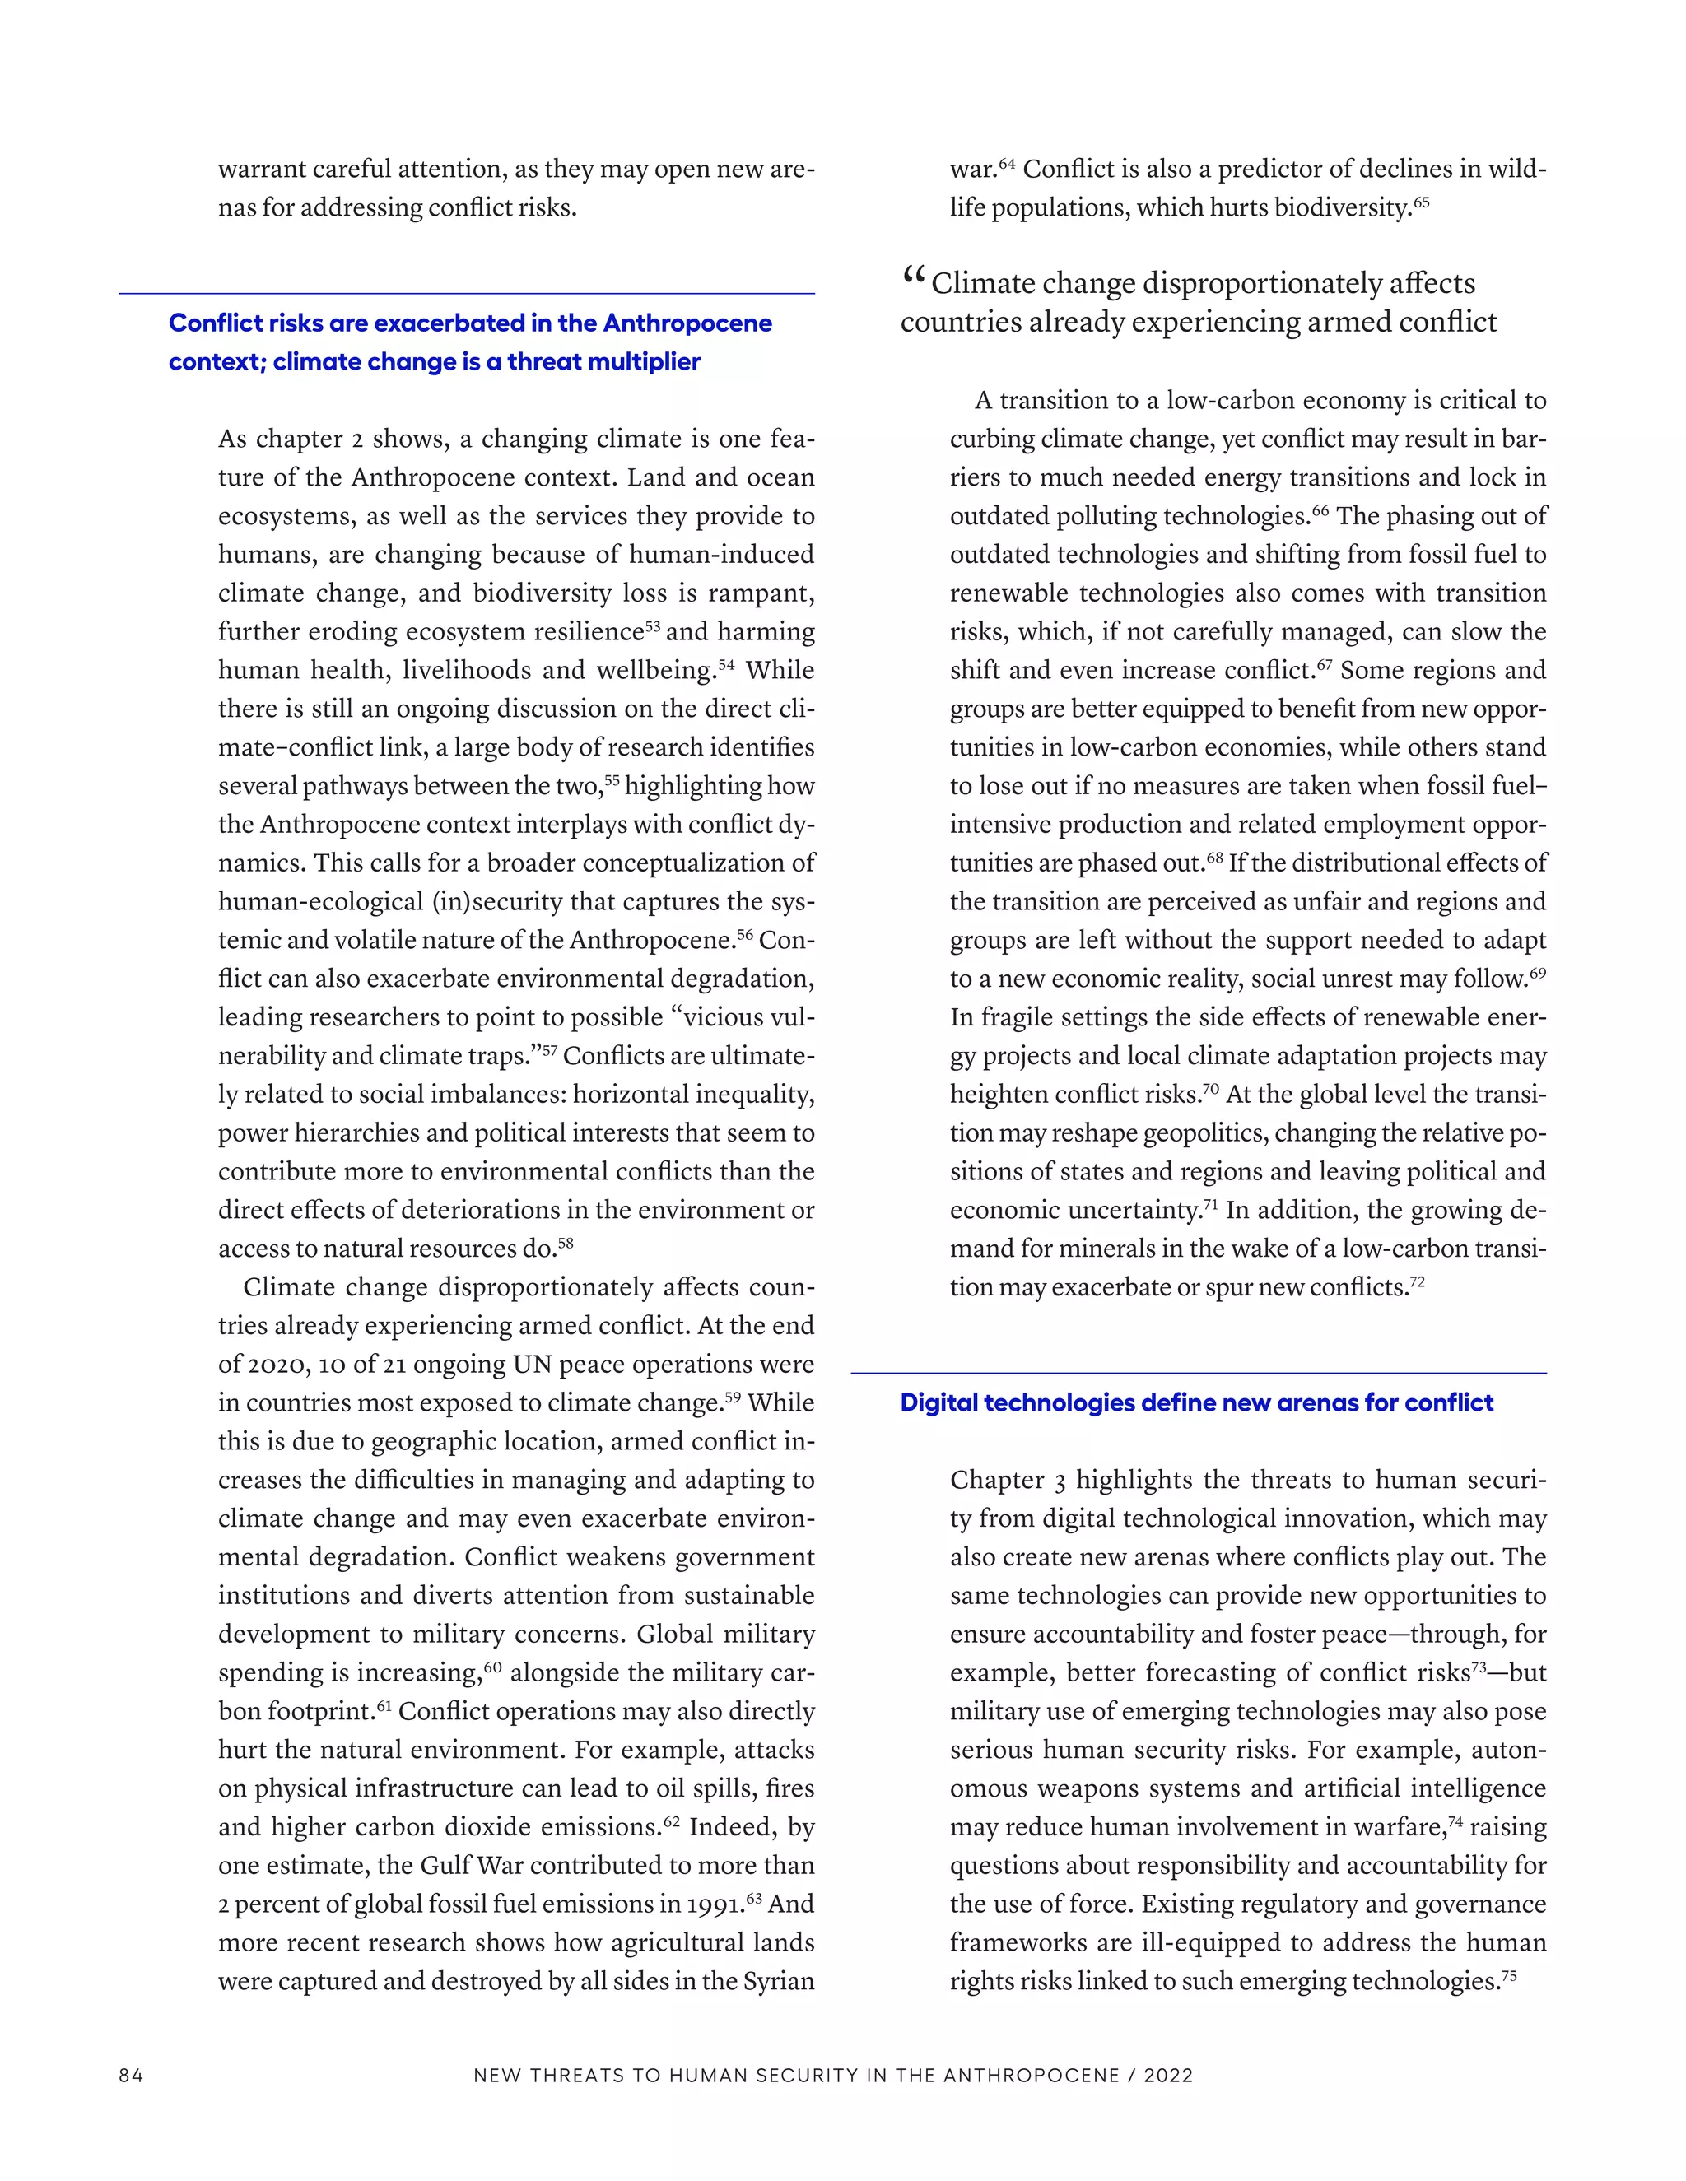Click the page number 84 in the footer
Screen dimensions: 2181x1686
[x=131, y=2075]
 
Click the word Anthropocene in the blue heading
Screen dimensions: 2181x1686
[x=687, y=323]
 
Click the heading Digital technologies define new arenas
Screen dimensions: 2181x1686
[x=1195, y=1402]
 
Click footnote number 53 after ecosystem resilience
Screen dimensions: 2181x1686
[x=653, y=625]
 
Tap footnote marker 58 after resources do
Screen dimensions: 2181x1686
[x=566, y=1242]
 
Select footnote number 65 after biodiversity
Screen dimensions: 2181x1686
[x=1421, y=202]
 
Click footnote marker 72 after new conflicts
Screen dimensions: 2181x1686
[x=1416, y=1281]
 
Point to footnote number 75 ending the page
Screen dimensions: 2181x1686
[x=1508, y=1975]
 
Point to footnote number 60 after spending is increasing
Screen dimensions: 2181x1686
[x=492, y=1666]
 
